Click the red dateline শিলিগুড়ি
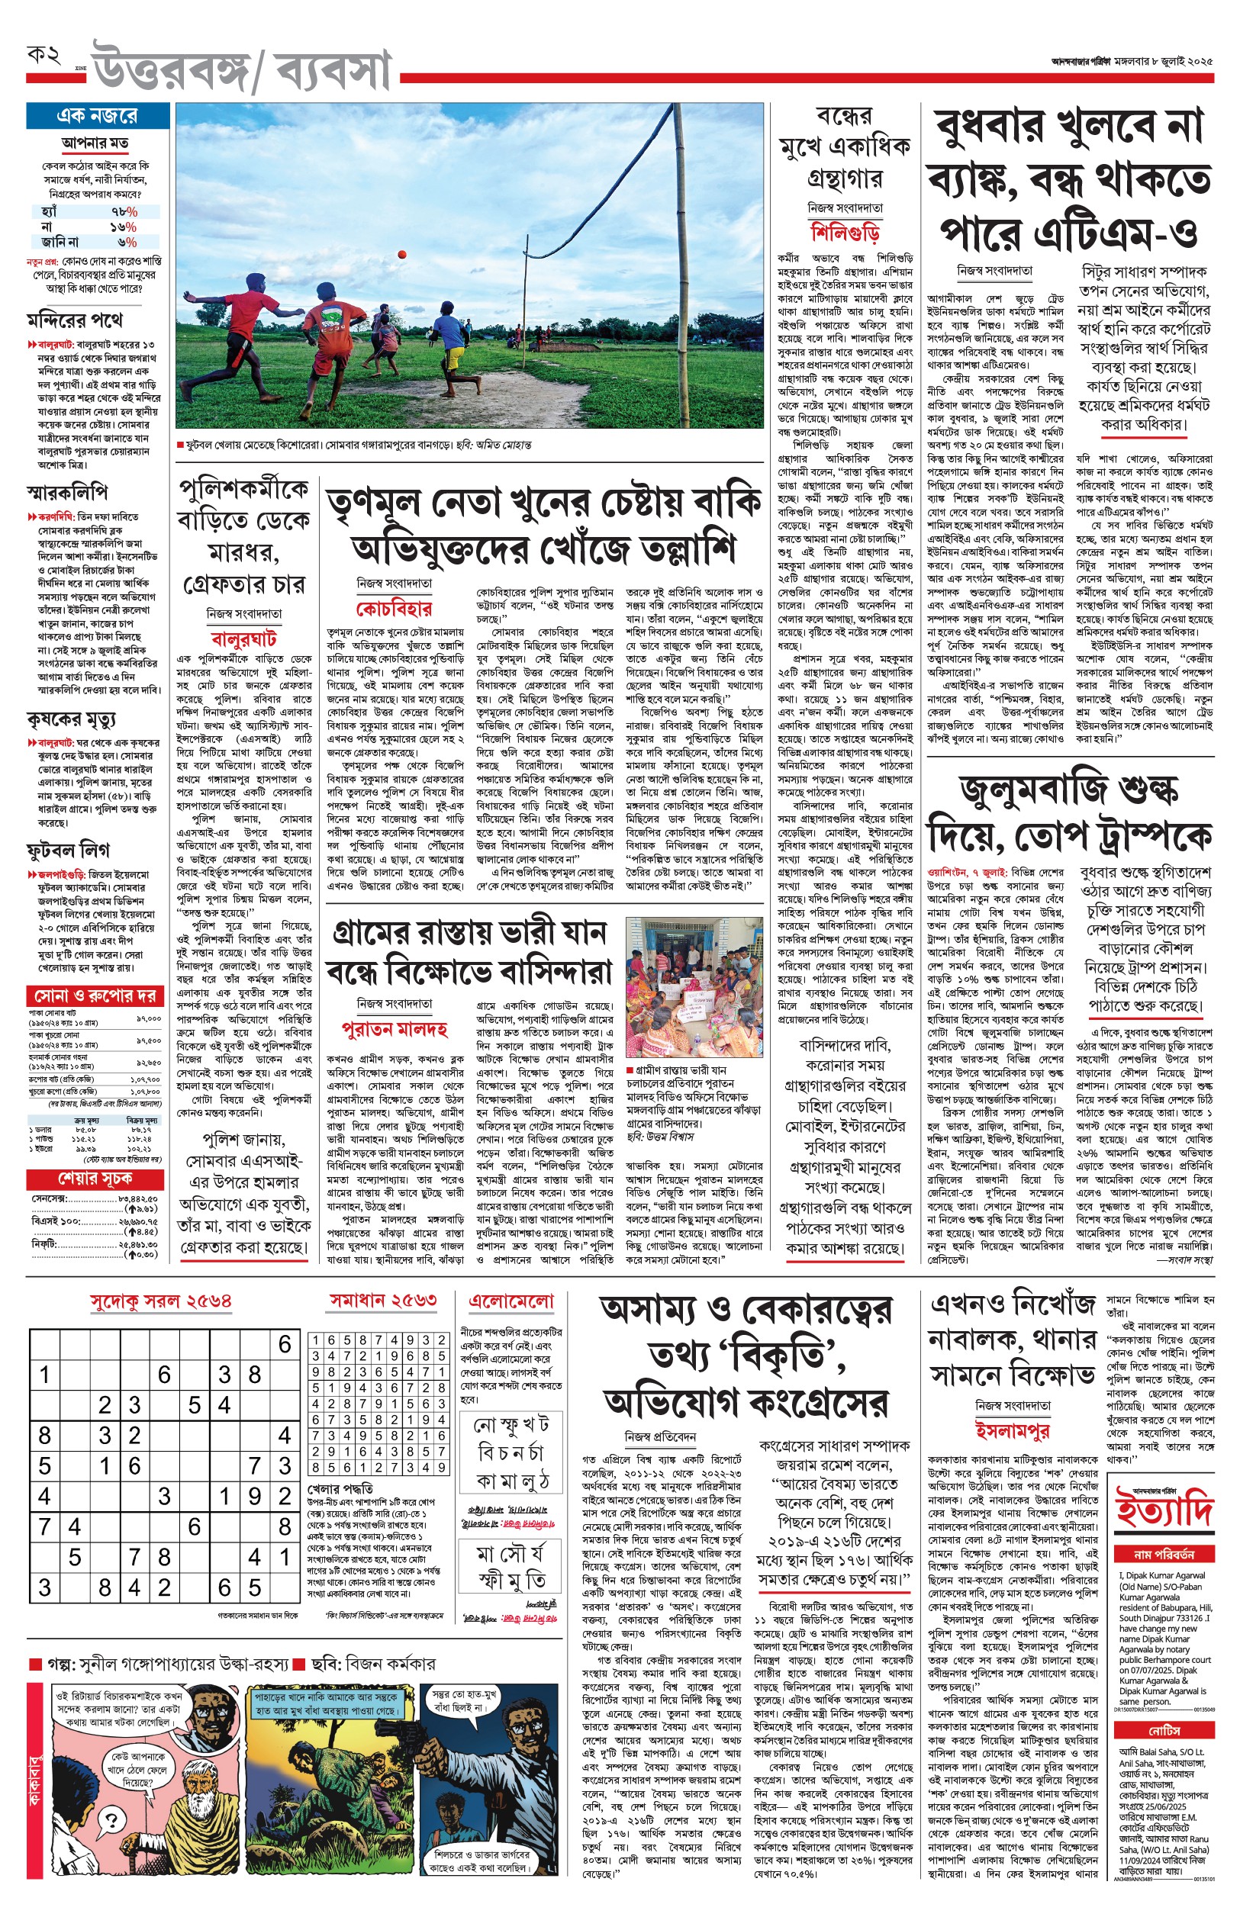tap(845, 233)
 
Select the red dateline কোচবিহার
tap(394, 608)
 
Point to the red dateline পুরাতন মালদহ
tap(394, 1028)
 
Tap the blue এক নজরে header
tap(98, 116)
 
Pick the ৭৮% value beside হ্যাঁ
tap(124, 211)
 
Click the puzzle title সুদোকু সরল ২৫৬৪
tap(161, 1301)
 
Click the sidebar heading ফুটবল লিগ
tap(68, 850)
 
